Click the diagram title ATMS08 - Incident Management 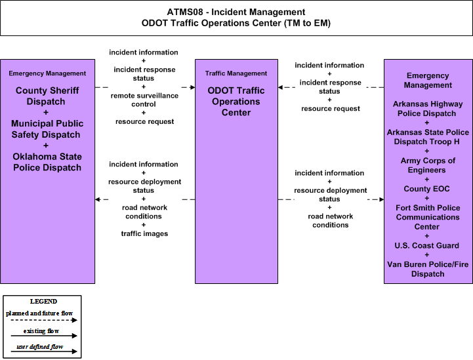pyautogui.click(x=236, y=12)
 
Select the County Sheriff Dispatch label pyautogui.click(x=47, y=96)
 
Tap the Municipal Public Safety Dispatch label pyautogui.click(x=47, y=129)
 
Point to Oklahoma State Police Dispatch pyautogui.click(x=47, y=162)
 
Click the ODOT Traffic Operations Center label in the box pyautogui.click(x=236, y=101)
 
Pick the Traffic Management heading pyautogui.click(x=236, y=73)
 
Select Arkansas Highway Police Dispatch pyautogui.click(x=428, y=109)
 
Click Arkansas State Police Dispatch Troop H pyautogui.click(x=428, y=137)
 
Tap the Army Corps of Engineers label pyautogui.click(x=428, y=165)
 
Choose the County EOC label pyautogui.click(x=426, y=189)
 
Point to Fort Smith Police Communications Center pyautogui.click(x=428, y=217)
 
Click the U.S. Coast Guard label pyautogui.click(x=426, y=245)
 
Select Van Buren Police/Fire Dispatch pyautogui.click(x=428, y=269)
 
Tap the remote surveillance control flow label pyautogui.click(x=144, y=100)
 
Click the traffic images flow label pyautogui.click(x=144, y=233)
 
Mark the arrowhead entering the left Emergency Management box pyautogui.click(x=98, y=199)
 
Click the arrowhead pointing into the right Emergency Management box pyautogui.click(x=381, y=199)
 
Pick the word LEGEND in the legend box pyautogui.click(x=43, y=301)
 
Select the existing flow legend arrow pyautogui.click(x=44, y=336)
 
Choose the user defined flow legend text pyautogui.click(x=40, y=347)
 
